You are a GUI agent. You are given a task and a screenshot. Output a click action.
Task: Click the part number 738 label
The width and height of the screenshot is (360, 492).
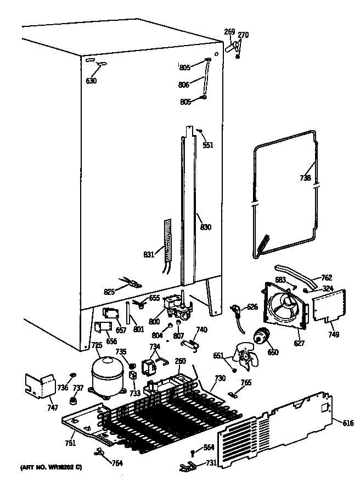(305, 178)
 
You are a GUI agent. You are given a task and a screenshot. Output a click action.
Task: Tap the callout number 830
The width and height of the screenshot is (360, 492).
(206, 227)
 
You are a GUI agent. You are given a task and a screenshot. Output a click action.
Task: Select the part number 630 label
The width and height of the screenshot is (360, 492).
(91, 81)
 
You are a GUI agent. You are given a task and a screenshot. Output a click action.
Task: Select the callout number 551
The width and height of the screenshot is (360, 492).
(207, 146)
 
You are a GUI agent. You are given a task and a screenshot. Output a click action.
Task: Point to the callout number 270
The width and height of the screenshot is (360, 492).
(243, 36)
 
